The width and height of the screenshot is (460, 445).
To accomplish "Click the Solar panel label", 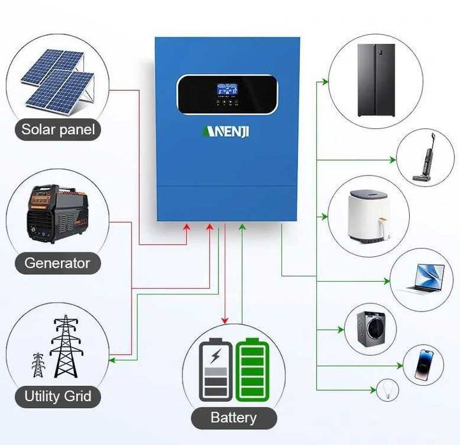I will point(58,130).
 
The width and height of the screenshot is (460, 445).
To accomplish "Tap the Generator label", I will point(57,263).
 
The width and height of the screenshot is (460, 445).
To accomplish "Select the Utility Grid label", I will point(57,397).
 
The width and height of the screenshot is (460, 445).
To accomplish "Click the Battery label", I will point(234,418).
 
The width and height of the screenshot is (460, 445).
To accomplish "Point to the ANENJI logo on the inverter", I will point(227,132).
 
